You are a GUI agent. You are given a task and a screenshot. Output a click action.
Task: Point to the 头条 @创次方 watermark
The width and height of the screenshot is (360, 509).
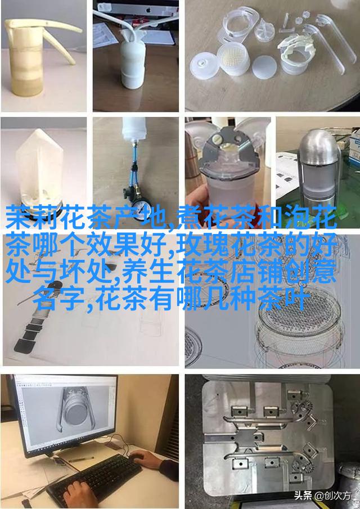click(x=322, y=496)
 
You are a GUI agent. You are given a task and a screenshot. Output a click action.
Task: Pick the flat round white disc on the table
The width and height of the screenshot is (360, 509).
click(x=264, y=67)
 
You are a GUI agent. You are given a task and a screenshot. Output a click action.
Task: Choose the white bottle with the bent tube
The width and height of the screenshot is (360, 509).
click(x=134, y=55)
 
